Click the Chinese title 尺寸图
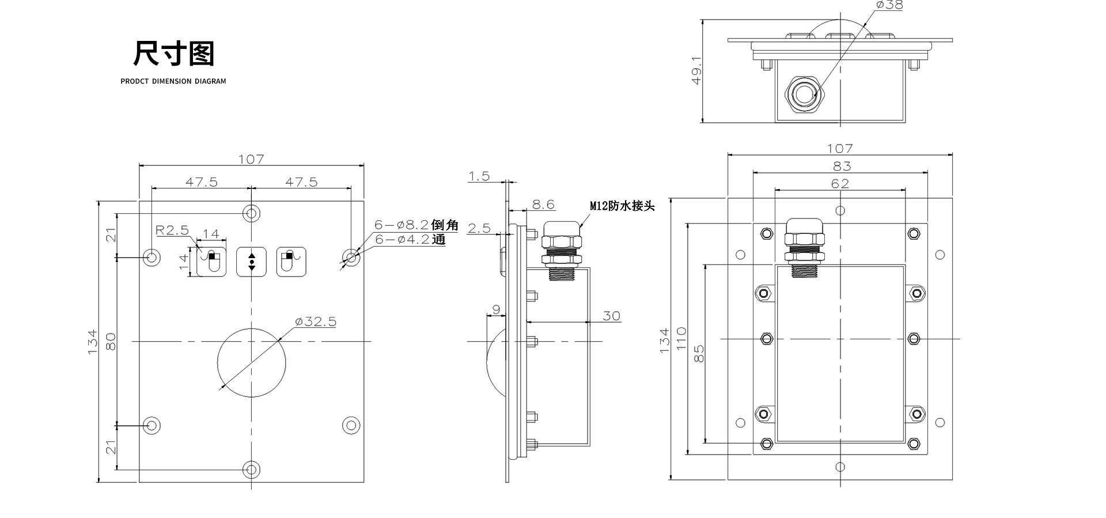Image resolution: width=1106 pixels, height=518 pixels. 173,54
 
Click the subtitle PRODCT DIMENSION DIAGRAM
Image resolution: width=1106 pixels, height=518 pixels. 173,81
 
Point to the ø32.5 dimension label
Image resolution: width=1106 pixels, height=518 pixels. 315,322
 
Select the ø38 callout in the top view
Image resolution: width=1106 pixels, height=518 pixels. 889,5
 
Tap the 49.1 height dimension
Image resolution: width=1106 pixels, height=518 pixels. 696,70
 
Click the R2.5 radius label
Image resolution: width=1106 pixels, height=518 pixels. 172,230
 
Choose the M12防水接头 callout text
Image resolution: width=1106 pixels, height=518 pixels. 622,206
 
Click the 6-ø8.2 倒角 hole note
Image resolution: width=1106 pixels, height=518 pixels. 416,225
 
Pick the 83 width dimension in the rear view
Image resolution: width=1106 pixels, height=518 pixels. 842,166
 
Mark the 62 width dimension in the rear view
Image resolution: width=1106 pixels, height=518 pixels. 840,183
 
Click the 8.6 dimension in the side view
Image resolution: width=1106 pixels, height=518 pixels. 543,204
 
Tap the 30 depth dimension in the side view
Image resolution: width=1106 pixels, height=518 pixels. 611,316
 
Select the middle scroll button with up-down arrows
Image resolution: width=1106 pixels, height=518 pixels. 252,262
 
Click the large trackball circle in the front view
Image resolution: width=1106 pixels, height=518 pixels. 252,362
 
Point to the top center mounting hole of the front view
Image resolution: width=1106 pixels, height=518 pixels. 251,213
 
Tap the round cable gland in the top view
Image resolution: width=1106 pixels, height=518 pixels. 802,92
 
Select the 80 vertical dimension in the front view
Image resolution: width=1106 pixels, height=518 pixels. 111,341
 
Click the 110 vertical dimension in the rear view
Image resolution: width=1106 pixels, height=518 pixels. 681,339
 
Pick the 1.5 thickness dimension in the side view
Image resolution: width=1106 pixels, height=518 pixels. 479,176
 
